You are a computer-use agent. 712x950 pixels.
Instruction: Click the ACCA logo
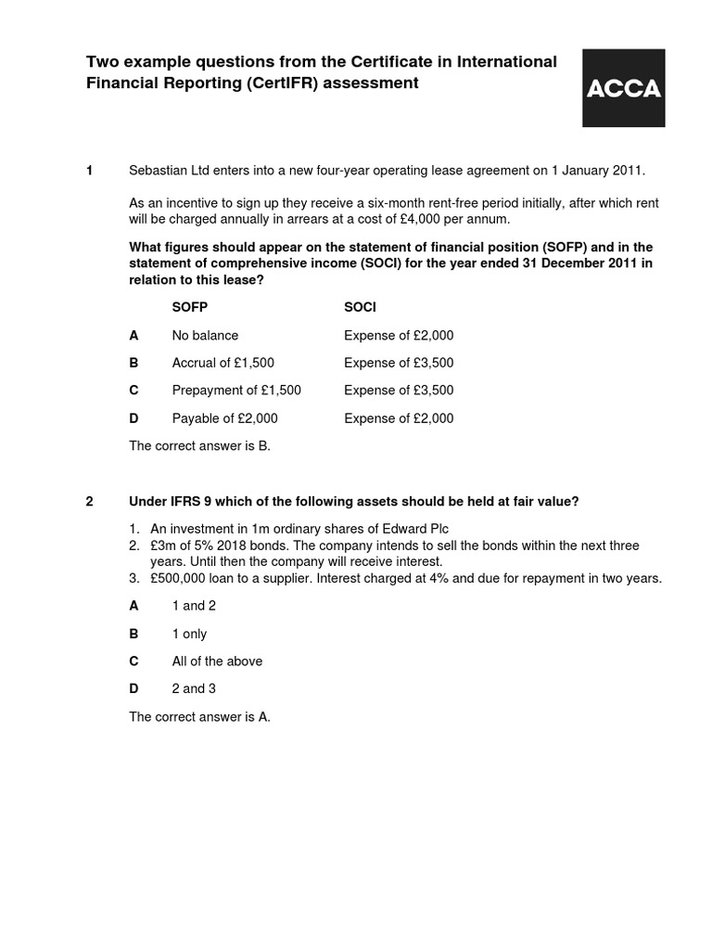[622, 88]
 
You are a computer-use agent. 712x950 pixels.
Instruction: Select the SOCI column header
[360, 307]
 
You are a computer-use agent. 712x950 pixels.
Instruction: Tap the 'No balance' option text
[205, 335]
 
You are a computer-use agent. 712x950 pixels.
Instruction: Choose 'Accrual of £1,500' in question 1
[222, 363]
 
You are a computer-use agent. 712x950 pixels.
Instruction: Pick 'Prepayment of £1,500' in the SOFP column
[236, 391]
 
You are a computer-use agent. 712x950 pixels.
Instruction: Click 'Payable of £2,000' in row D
[224, 418]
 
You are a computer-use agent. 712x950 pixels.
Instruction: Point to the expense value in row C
[399, 391]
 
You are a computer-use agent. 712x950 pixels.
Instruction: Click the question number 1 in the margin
[89, 171]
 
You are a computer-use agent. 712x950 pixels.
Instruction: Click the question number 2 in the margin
[89, 502]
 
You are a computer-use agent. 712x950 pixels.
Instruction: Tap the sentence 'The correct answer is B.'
[199, 446]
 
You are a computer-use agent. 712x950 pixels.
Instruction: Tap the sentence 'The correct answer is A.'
[199, 717]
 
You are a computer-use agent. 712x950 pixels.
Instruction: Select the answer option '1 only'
[189, 634]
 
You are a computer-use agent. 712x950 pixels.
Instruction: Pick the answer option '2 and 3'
[194, 689]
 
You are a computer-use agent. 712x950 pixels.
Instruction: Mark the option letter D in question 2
[133, 689]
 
